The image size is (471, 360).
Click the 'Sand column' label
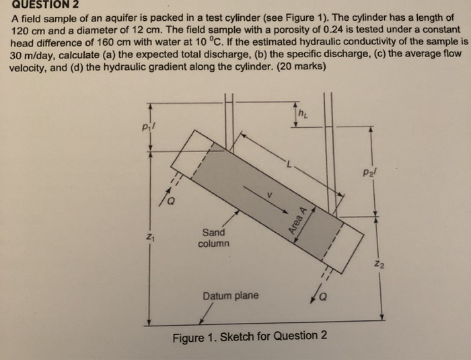(214, 237)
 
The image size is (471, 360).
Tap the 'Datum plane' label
(231, 295)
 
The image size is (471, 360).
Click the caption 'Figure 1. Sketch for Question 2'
(250, 336)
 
